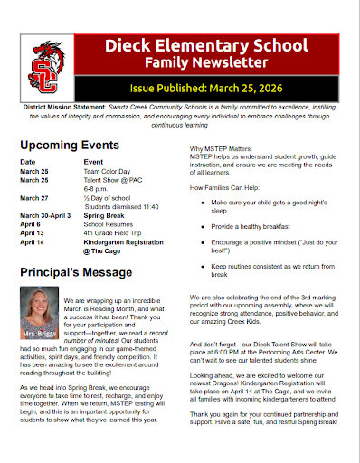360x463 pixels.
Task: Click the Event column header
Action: point(93,161)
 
